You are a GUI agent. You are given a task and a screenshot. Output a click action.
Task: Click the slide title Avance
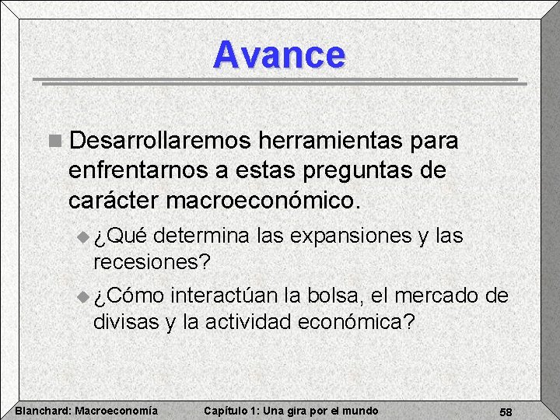pyautogui.click(x=279, y=55)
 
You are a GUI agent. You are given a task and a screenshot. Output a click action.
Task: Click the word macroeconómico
pyautogui.click(x=264, y=200)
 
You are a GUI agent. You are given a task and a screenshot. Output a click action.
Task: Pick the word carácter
pyautogui.click(x=114, y=200)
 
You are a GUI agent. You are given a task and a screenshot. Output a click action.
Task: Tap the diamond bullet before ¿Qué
pyautogui.click(x=85, y=236)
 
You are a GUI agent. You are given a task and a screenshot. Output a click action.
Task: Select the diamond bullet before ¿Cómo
pyautogui.click(x=85, y=296)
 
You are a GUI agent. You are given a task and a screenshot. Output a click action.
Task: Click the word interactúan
pyautogui.click(x=225, y=296)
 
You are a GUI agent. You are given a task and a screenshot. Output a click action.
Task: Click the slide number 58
pyautogui.click(x=506, y=411)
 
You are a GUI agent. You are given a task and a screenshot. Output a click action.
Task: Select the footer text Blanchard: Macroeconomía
pyautogui.click(x=86, y=411)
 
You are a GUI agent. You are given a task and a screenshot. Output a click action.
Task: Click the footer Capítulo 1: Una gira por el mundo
pyautogui.click(x=290, y=411)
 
